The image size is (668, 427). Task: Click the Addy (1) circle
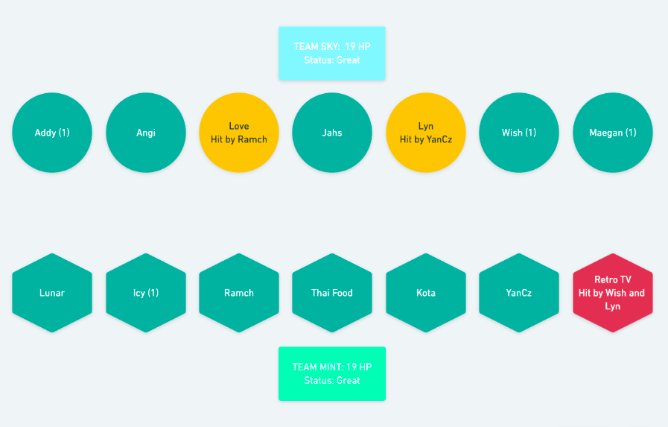pyautogui.click(x=52, y=133)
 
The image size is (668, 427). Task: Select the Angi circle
pyautogui.click(x=146, y=133)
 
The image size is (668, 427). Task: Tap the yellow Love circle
pyautogui.click(x=239, y=133)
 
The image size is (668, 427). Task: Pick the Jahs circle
pyautogui.click(x=332, y=133)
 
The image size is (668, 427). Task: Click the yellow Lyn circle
pyautogui.click(x=425, y=133)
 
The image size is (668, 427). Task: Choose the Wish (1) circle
pyautogui.click(x=519, y=133)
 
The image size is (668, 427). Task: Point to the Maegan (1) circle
pyautogui.click(x=613, y=133)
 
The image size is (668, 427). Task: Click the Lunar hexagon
pyautogui.click(x=52, y=293)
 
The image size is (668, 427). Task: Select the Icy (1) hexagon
pyautogui.click(x=146, y=293)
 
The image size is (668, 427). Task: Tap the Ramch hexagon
pyautogui.click(x=239, y=293)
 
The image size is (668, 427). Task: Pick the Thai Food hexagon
pyautogui.click(x=332, y=293)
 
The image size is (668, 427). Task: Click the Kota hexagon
pyautogui.click(x=425, y=293)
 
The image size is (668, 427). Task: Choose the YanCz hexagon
pyautogui.click(x=519, y=293)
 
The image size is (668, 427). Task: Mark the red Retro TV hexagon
pyautogui.click(x=613, y=293)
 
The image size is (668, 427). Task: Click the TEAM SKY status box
pyautogui.click(x=332, y=53)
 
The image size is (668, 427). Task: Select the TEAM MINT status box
pyautogui.click(x=332, y=374)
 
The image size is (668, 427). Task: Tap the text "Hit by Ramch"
pyautogui.click(x=239, y=139)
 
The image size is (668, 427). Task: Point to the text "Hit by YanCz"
pyautogui.click(x=425, y=139)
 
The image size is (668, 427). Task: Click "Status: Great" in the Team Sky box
pyautogui.click(x=332, y=60)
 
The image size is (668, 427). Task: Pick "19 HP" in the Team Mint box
pyautogui.click(x=359, y=367)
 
